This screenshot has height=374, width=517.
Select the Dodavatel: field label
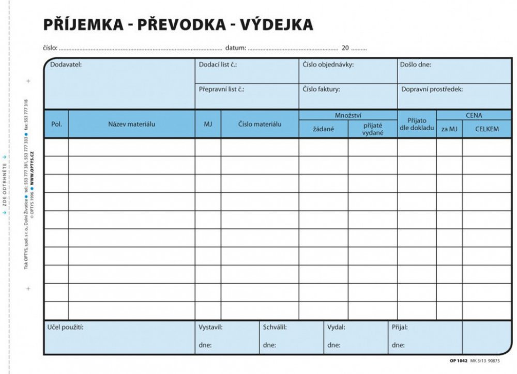[x=66, y=65]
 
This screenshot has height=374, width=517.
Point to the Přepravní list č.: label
[x=221, y=89]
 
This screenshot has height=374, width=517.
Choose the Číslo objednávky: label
[x=328, y=65]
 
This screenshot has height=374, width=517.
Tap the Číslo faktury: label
[x=322, y=89]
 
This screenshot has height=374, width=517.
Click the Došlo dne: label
[x=416, y=65]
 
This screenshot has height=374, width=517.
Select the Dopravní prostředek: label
[x=432, y=89]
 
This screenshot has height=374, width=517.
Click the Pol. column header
[x=56, y=124]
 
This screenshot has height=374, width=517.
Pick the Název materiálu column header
[x=132, y=124]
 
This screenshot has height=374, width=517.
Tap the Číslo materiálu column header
[x=260, y=124]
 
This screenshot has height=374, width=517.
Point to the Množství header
[x=348, y=115]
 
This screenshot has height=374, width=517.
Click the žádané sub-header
[x=323, y=129]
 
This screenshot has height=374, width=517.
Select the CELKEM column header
[x=487, y=129]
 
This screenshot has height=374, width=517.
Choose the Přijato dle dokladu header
[x=417, y=124]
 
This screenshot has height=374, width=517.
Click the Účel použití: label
[x=65, y=327]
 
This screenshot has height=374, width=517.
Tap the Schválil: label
[x=275, y=327]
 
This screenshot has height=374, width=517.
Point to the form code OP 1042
[x=459, y=361]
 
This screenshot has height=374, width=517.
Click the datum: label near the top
[x=236, y=48]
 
